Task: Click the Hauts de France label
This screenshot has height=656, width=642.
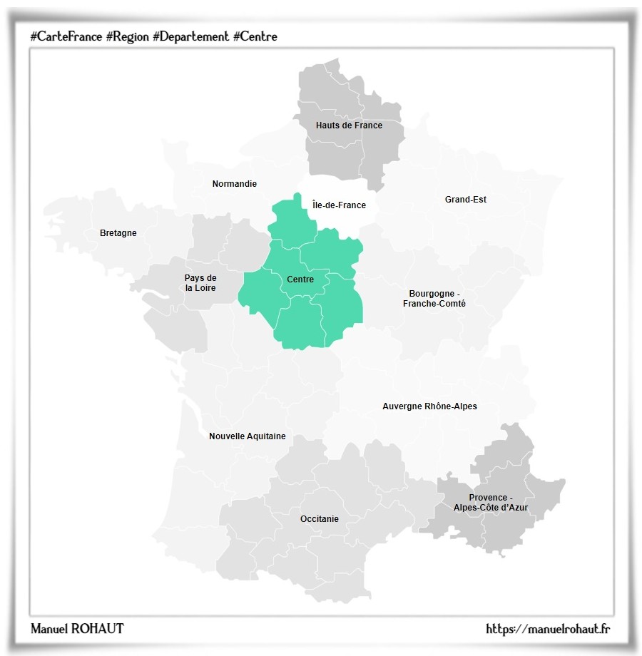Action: coord(349,125)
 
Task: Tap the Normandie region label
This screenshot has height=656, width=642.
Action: coord(234,184)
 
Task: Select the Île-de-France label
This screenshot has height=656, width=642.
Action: coord(339,205)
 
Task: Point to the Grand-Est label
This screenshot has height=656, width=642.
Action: coord(465,200)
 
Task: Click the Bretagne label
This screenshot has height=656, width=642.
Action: coord(118,233)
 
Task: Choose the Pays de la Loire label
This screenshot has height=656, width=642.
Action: coord(200,283)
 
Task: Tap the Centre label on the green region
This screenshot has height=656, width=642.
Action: coord(300,280)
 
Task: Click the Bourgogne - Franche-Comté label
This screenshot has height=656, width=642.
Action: coord(434,299)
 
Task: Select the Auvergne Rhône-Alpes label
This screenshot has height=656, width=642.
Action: coord(429,406)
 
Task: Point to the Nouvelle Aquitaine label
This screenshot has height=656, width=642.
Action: coord(247,436)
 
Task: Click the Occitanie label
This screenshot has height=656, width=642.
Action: coord(319,519)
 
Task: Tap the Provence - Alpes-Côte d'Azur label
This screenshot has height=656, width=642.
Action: coord(491,503)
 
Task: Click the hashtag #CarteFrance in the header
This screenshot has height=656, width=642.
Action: coord(66,36)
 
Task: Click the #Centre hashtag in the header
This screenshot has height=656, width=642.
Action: coord(255,36)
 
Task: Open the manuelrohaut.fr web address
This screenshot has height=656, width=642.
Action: coord(547,628)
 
